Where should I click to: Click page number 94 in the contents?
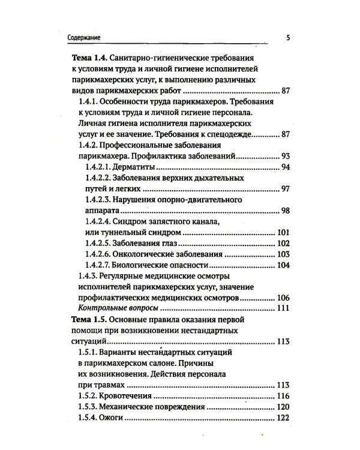[x=286, y=167]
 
